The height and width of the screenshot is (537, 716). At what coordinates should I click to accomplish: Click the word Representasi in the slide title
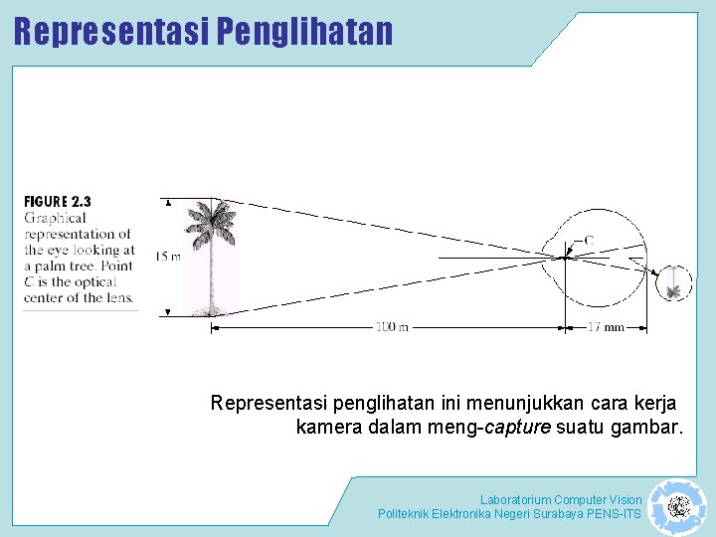(x=110, y=31)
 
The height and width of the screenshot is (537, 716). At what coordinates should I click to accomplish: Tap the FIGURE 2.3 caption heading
(x=58, y=201)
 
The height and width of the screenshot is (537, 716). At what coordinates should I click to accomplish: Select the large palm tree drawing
(x=212, y=257)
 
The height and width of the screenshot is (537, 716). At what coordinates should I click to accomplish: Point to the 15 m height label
(x=168, y=257)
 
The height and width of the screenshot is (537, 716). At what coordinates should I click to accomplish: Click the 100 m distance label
(x=391, y=327)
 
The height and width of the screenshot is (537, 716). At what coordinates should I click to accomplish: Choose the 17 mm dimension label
(x=606, y=327)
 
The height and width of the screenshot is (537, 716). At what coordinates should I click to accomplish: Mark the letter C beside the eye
(x=588, y=240)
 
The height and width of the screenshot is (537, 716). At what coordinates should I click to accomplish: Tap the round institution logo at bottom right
(x=677, y=507)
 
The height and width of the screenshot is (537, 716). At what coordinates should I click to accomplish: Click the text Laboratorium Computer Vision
(x=561, y=499)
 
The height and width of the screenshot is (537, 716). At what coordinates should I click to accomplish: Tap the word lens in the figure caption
(x=118, y=296)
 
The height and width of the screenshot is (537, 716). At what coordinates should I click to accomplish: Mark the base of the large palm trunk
(x=211, y=310)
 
